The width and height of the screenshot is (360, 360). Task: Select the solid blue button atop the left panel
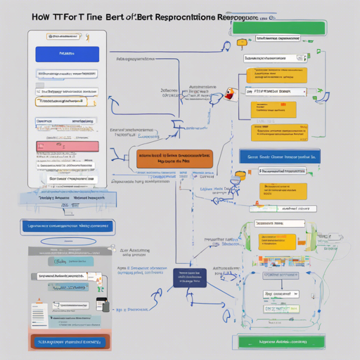tap(67, 53)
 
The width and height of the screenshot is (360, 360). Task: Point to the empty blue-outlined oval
tap(69, 241)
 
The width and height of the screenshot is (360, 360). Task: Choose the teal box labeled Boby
tap(70, 262)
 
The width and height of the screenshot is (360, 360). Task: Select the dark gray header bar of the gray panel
tap(69, 250)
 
